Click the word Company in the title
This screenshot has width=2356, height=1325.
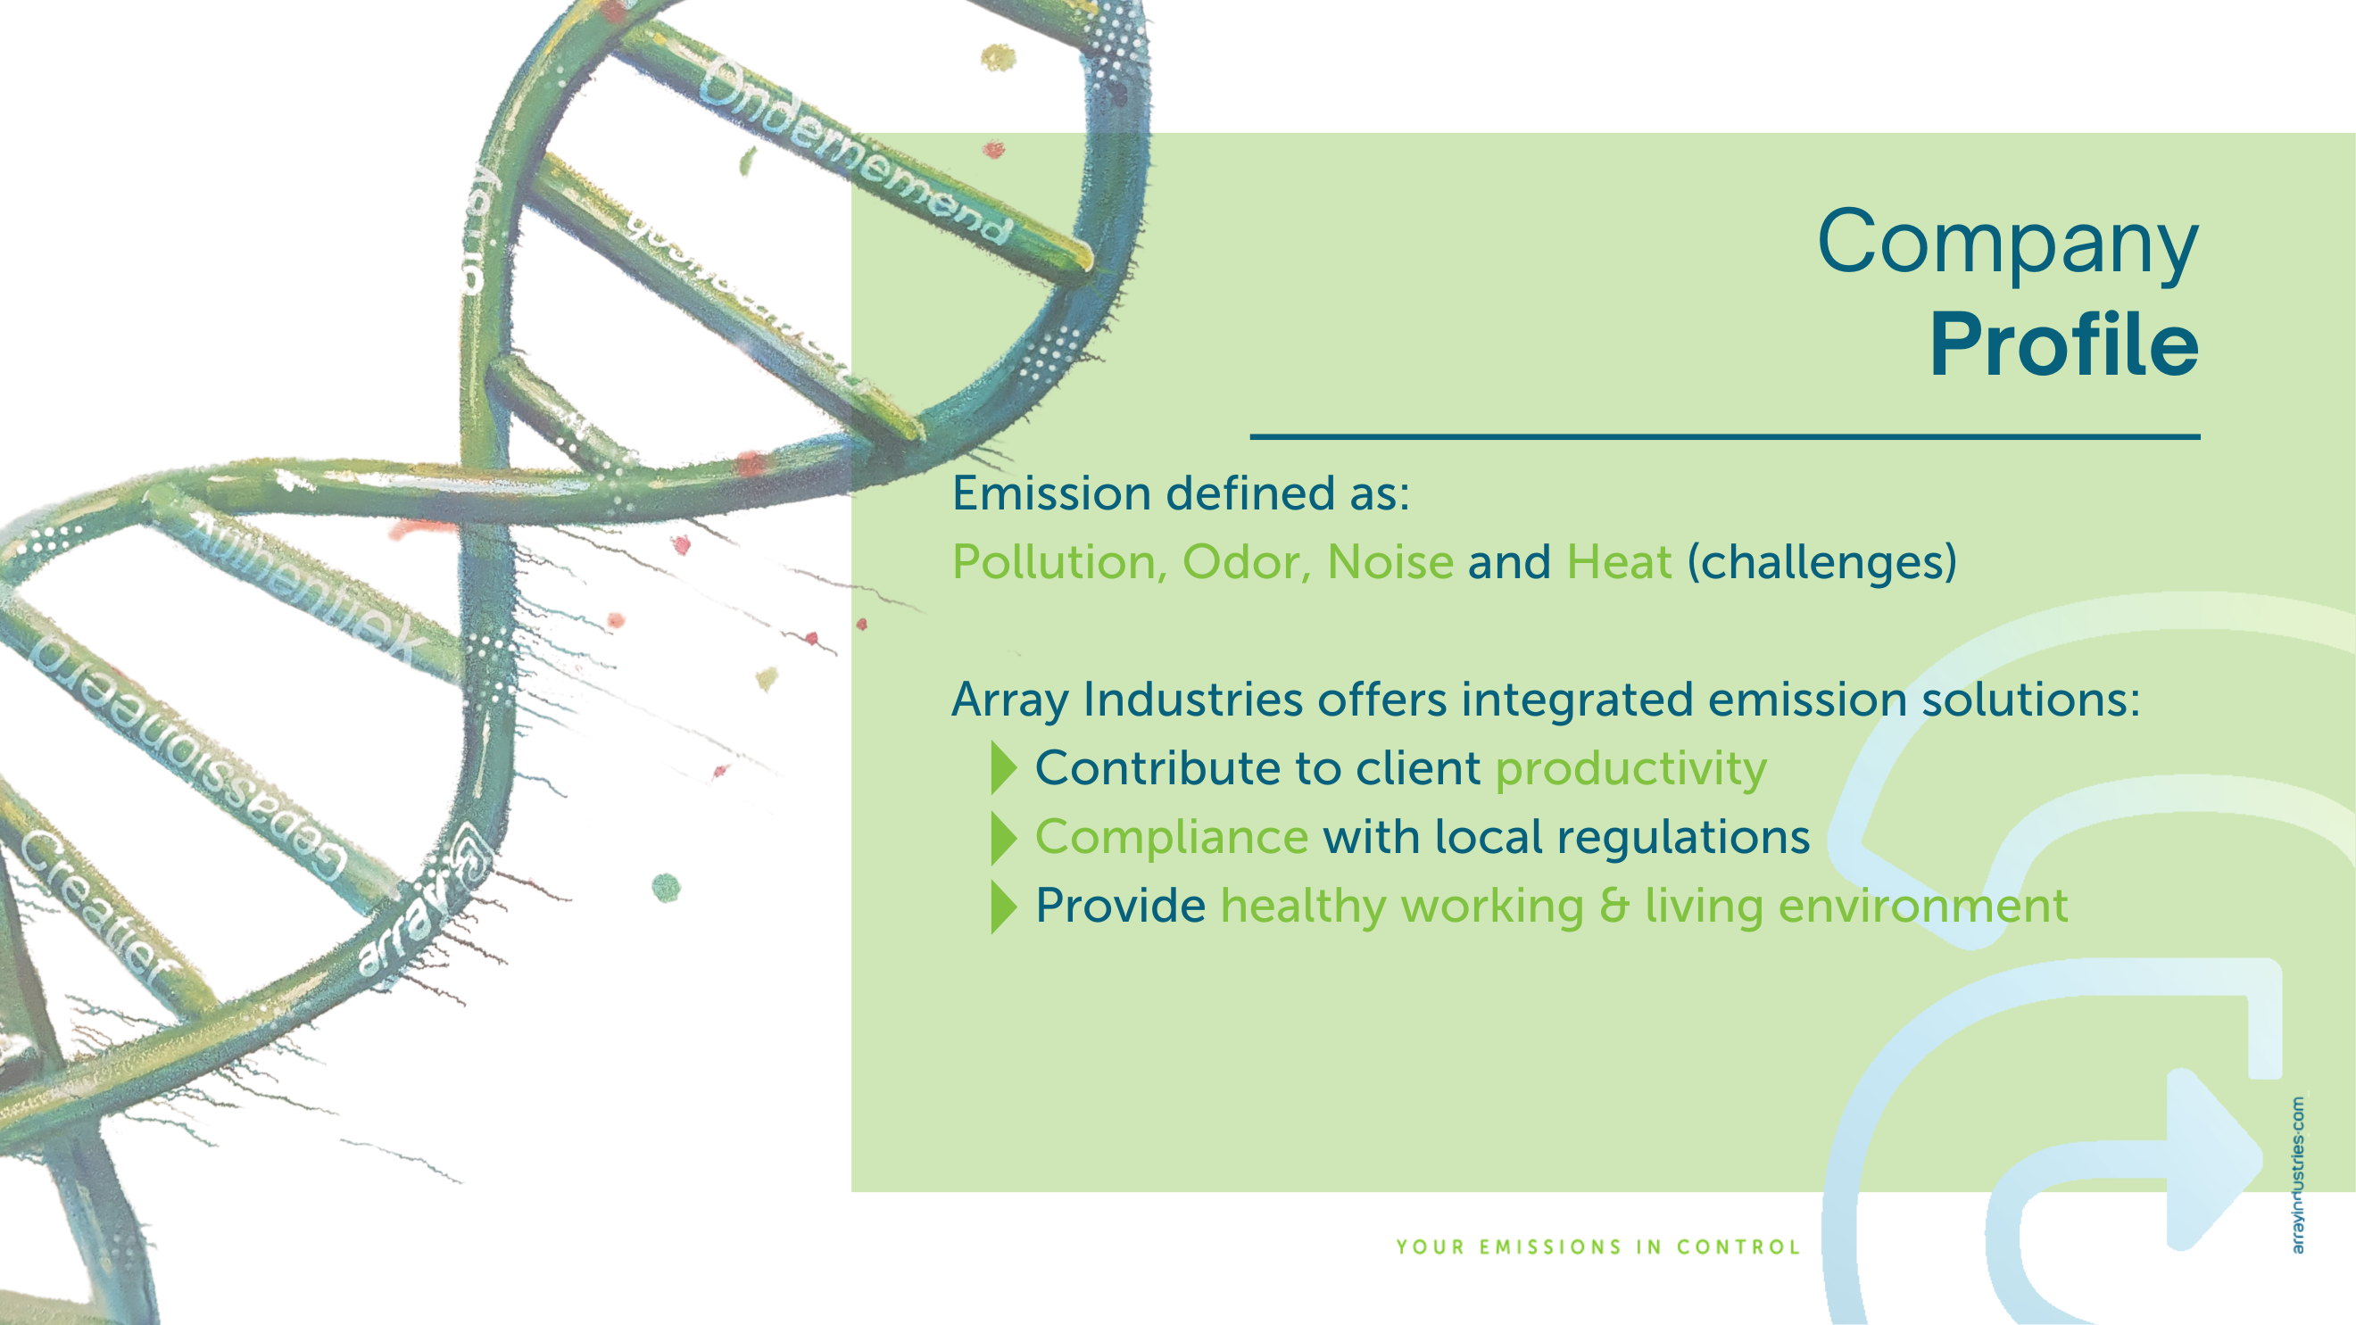(2007, 243)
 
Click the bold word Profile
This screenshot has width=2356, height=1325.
(2063, 344)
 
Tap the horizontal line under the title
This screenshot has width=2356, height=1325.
(1724, 437)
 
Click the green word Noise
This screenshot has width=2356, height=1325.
(1390, 561)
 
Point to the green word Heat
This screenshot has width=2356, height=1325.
(1618, 561)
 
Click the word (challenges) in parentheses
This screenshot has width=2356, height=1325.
(1821, 561)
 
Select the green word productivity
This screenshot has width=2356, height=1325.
(1630, 769)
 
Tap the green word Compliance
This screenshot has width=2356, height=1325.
(1171, 837)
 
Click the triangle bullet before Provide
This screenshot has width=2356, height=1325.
(1003, 907)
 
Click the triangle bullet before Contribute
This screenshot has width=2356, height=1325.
(1003, 768)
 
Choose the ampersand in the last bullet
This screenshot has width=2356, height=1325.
(1614, 906)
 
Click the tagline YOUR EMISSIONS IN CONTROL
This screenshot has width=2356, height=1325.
(1597, 1247)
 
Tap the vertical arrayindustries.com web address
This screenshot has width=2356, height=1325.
(2297, 1175)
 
